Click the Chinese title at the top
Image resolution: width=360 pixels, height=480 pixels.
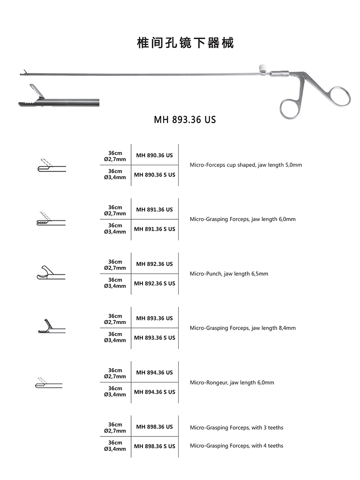(185, 43)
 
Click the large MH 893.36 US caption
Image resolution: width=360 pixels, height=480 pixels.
(185, 119)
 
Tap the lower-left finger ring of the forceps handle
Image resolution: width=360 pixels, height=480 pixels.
(289, 107)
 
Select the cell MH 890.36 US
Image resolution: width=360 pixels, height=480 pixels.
(154, 155)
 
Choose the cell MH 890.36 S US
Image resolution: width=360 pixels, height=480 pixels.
(154, 175)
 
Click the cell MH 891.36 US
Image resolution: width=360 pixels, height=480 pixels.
(154, 210)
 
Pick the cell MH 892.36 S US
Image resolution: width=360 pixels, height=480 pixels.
(154, 283)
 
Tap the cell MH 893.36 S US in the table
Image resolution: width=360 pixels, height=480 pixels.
(154, 338)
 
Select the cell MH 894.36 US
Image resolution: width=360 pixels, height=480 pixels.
(154, 373)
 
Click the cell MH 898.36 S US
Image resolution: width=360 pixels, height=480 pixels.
(154, 446)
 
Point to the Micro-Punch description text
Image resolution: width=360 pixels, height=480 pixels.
(229, 274)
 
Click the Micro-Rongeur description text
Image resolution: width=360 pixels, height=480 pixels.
(232, 383)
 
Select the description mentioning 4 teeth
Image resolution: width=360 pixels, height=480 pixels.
(236, 446)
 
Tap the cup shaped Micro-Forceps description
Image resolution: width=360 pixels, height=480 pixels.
(246, 165)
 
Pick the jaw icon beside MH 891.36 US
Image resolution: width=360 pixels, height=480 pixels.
(50, 219)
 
